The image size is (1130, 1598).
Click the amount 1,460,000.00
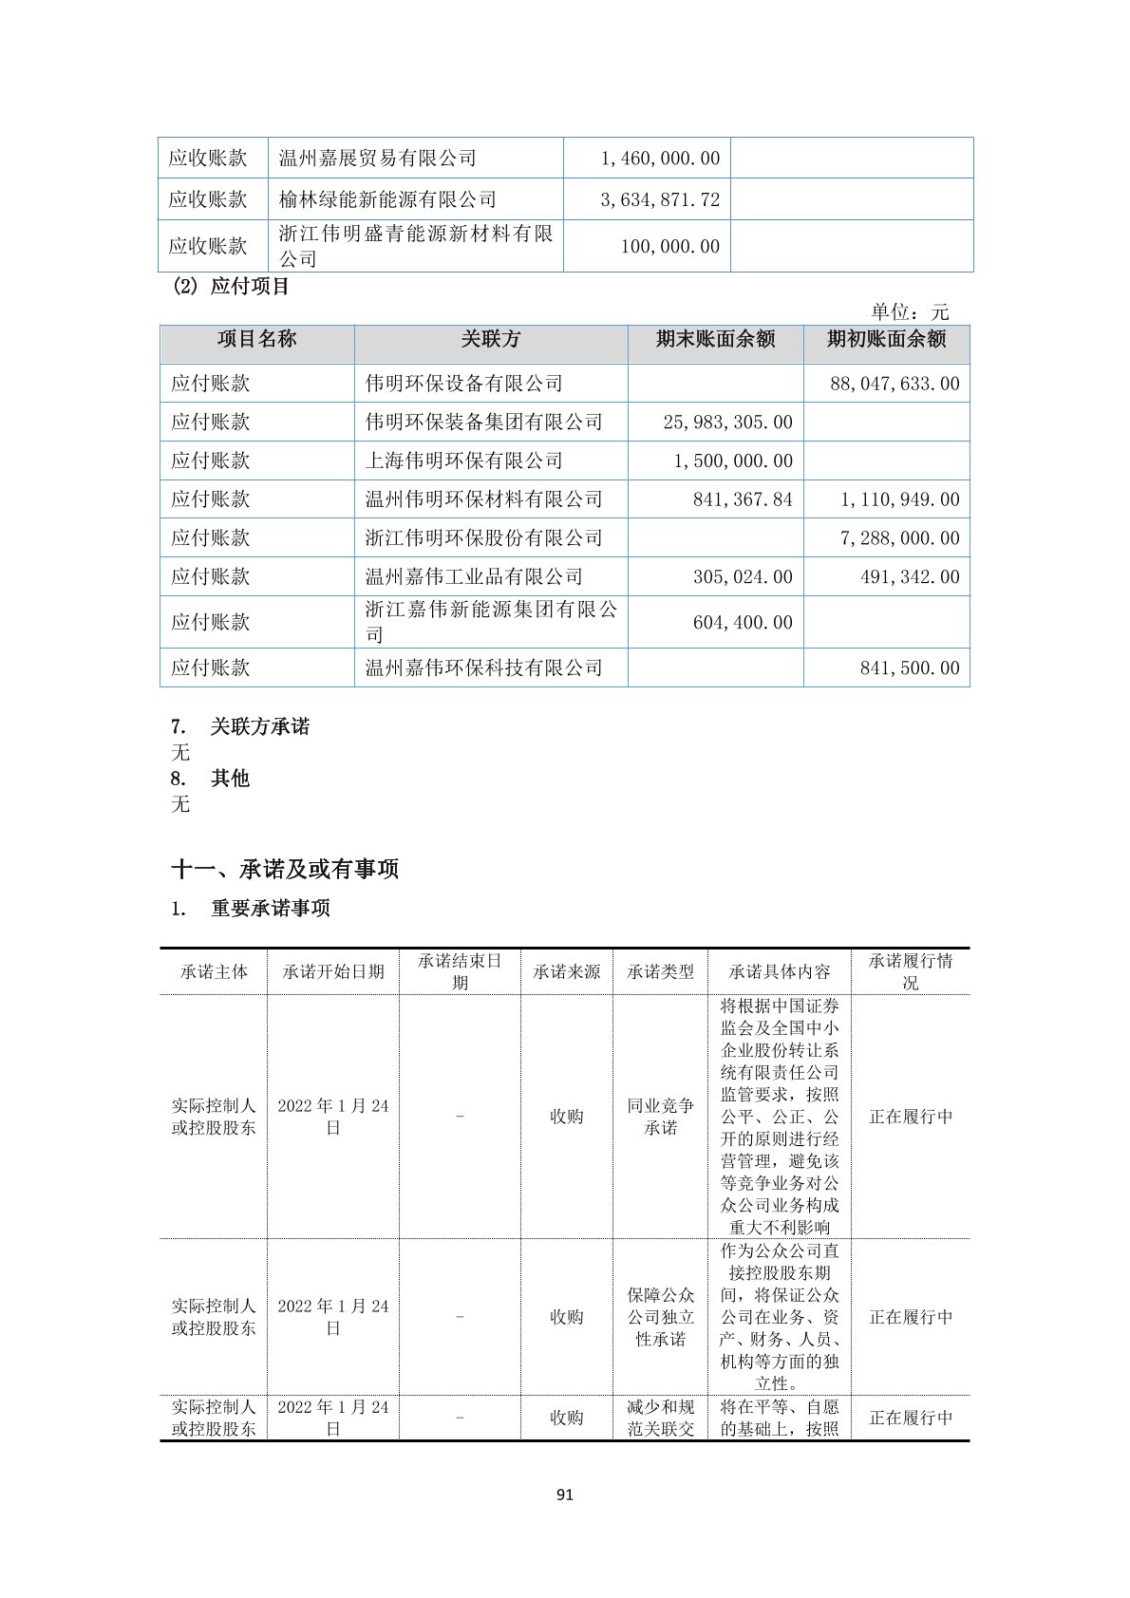[x=660, y=159]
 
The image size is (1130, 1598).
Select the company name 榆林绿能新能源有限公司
[x=387, y=199]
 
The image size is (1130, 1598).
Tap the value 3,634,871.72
[x=660, y=199]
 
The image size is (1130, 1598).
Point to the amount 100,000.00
[x=669, y=247]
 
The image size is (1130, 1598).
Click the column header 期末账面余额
[x=715, y=340]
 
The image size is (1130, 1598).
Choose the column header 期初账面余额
[x=886, y=340]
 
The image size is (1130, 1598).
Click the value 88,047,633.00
[x=895, y=384]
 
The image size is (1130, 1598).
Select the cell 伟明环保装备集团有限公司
[x=484, y=423]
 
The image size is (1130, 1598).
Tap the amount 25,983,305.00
[x=727, y=423]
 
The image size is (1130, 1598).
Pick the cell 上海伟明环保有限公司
[x=464, y=461]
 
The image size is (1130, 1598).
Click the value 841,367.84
[x=743, y=499]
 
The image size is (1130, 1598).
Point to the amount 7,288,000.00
[x=899, y=538]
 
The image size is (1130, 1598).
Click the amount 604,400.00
[x=743, y=623]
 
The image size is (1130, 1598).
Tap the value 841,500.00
[x=910, y=668]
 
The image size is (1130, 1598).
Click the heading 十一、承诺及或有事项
[x=285, y=869]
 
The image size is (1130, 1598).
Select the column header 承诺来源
[x=567, y=972]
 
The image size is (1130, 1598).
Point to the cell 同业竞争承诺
[x=661, y=1117]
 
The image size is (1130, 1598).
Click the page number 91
[x=565, y=1495]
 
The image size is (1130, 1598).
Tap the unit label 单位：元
[x=910, y=312]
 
